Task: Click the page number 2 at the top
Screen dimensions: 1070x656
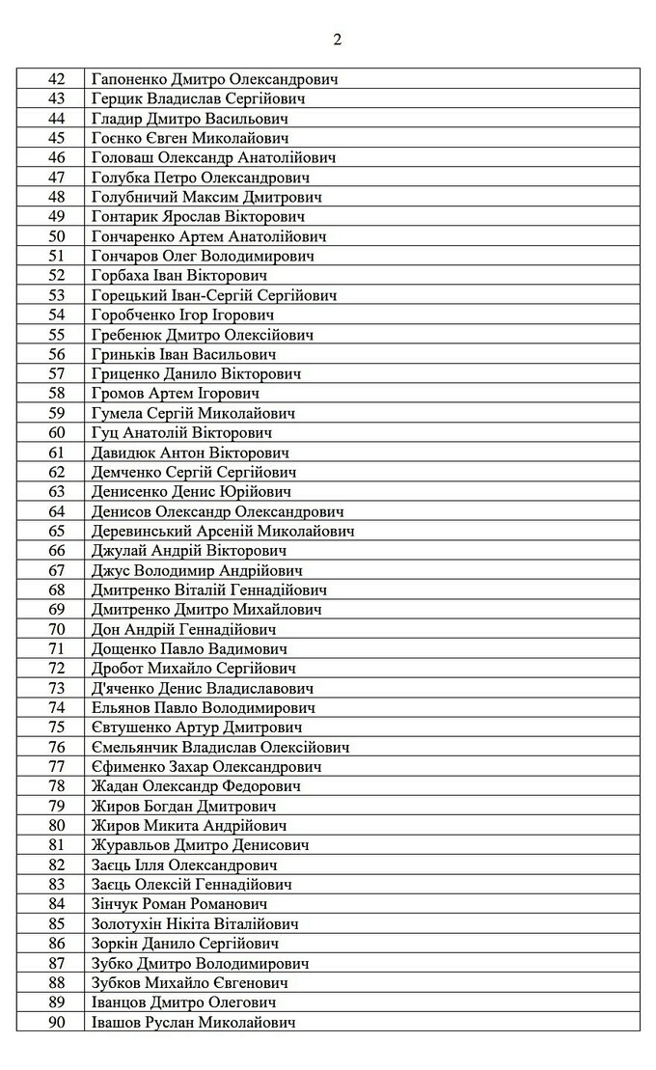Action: pyautogui.click(x=337, y=40)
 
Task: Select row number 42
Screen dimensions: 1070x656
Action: pyautogui.click(x=56, y=79)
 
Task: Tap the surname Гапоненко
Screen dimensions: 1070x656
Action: pyautogui.click(x=129, y=79)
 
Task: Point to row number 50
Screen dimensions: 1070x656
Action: pyautogui.click(x=56, y=236)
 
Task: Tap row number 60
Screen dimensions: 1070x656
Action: pyautogui.click(x=56, y=433)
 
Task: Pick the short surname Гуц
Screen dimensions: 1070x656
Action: pyautogui.click(x=104, y=433)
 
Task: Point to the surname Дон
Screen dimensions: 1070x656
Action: pyautogui.click(x=105, y=629)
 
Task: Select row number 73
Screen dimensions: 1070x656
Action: pyautogui.click(x=56, y=688)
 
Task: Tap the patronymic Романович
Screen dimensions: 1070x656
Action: pyautogui.click(x=228, y=904)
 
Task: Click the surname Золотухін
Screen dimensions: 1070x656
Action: pyautogui.click(x=128, y=923)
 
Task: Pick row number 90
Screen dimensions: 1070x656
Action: pyautogui.click(x=56, y=1022)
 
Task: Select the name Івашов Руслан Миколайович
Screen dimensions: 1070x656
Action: pyautogui.click(x=193, y=1022)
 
